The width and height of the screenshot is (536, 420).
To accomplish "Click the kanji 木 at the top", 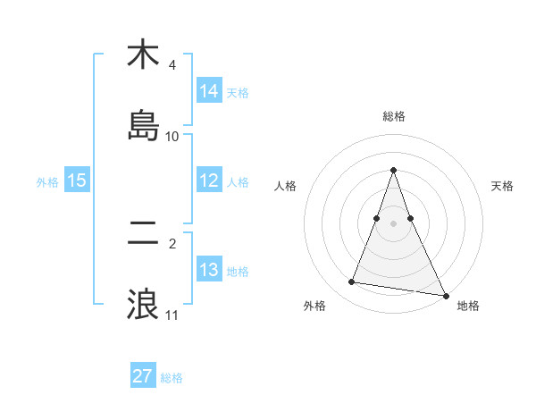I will tap(143, 55).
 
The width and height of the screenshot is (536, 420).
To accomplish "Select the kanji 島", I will tap(143, 126).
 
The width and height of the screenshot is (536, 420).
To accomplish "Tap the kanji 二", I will tap(143, 233).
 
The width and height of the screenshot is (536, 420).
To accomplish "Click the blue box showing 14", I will tap(209, 91).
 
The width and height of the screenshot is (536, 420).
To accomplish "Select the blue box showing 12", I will tap(209, 181).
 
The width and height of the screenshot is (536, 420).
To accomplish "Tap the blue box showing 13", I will tap(209, 270).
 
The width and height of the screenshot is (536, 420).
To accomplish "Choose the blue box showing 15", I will tap(77, 181).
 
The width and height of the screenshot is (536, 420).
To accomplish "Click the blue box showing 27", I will tap(143, 376).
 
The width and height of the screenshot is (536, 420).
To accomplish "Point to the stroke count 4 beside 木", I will tap(172, 65).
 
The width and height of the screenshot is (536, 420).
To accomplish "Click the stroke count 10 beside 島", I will tap(172, 137).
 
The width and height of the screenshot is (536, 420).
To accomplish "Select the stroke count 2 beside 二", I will tap(172, 243).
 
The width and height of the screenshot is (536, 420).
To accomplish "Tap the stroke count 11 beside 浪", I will tap(172, 315).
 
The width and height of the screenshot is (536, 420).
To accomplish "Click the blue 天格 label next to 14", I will tap(238, 92).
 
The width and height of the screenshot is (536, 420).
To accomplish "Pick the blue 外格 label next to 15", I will tap(47, 181).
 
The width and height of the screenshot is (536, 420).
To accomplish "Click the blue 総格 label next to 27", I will tap(172, 377).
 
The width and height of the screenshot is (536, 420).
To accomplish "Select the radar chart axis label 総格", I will tap(393, 116).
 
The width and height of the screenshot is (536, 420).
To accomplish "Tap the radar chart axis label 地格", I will tap(468, 306).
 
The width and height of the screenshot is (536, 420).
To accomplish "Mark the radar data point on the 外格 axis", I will tap(352, 282).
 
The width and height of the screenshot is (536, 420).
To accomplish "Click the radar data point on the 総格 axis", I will tap(393, 169).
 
